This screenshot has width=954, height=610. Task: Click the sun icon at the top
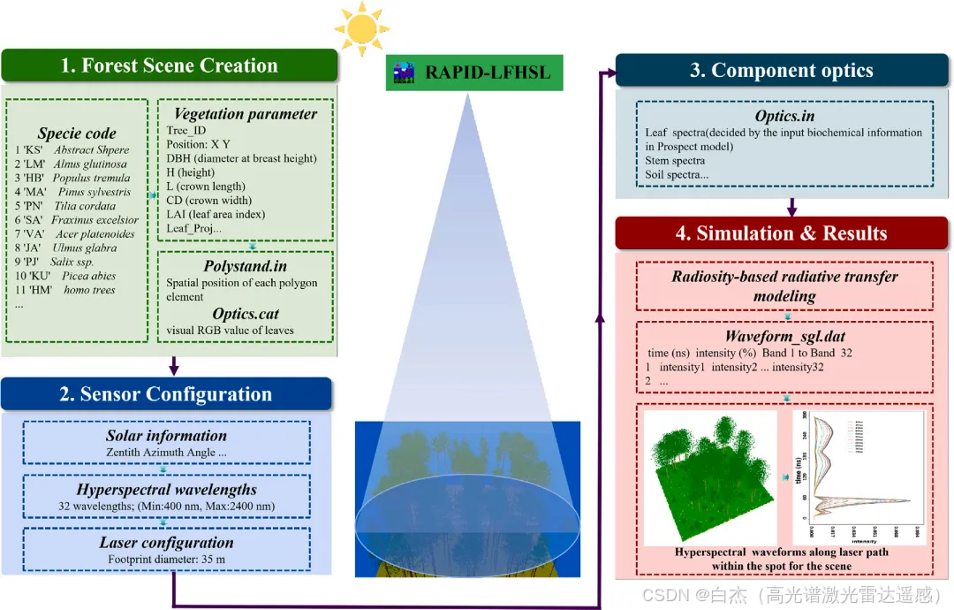click(361, 28)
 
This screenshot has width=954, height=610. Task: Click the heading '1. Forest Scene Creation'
click(169, 66)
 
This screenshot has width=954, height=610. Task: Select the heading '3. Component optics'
click(781, 71)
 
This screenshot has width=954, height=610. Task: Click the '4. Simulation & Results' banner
click(783, 233)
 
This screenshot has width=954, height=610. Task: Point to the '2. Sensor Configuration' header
click(166, 394)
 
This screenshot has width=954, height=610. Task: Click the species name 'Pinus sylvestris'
click(94, 192)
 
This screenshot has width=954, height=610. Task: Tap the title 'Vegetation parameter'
click(245, 113)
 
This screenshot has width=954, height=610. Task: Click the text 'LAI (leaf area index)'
click(216, 215)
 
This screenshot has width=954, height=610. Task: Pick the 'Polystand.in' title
click(245, 266)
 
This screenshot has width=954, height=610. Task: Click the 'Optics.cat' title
click(245, 314)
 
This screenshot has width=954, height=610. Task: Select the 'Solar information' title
click(166, 436)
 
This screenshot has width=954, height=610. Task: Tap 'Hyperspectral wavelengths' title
click(166, 490)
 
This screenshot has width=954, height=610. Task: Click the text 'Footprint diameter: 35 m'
click(166, 559)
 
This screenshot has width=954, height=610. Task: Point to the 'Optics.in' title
click(784, 116)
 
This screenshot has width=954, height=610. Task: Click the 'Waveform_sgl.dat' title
click(784, 337)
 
